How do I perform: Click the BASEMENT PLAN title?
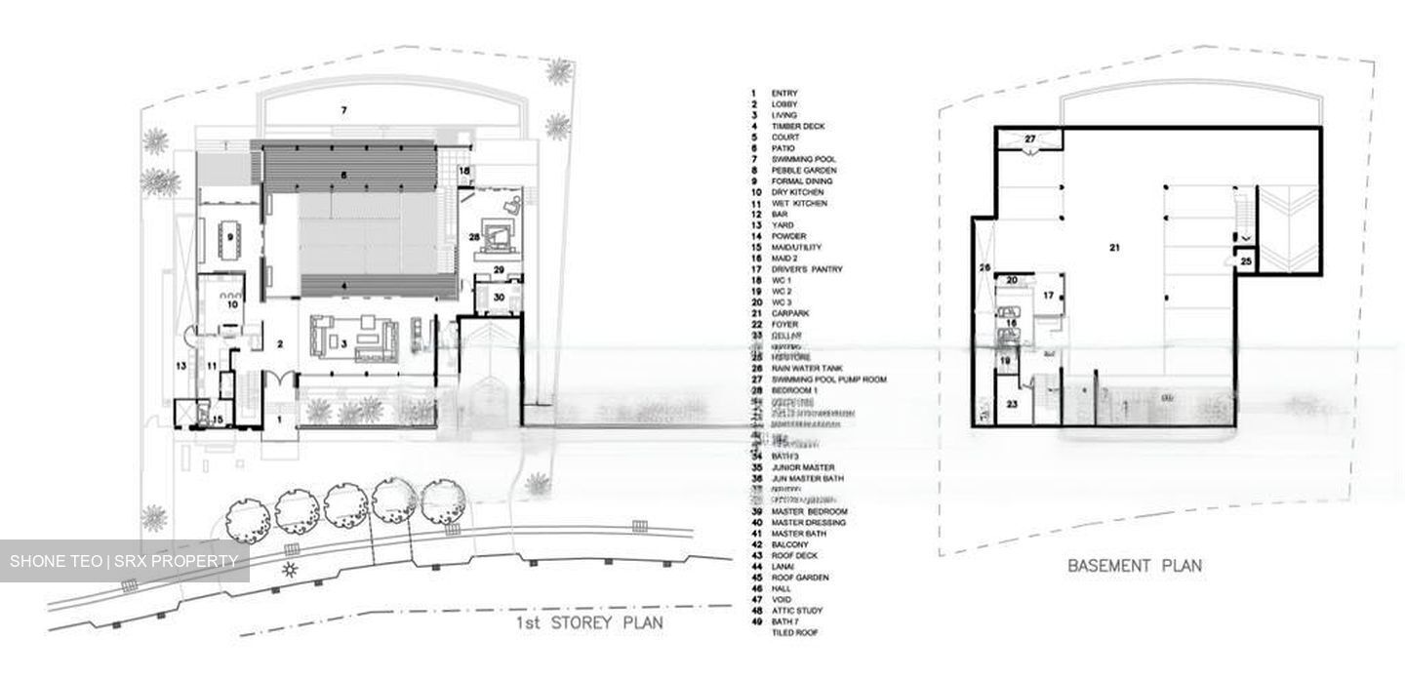tap(1134, 565)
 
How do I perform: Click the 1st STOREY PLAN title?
tap(590, 623)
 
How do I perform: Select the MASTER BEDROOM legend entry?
tap(808, 511)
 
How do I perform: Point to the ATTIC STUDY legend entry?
tap(796, 611)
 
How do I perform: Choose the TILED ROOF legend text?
tap(794, 633)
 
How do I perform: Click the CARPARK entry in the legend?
tap(789, 313)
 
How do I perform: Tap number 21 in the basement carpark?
tap(1113, 248)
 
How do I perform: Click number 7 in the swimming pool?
tap(343, 110)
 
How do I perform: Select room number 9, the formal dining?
tap(230, 236)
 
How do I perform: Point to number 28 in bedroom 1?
tap(473, 236)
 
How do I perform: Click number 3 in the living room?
tap(344, 343)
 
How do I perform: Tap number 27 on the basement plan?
tap(1030, 140)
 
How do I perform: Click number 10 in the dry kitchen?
tap(233, 304)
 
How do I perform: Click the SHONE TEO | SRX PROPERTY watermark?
tap(124, 561)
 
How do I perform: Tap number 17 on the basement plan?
tap(1047, 295)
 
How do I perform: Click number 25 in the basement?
tap(1245, 260)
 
